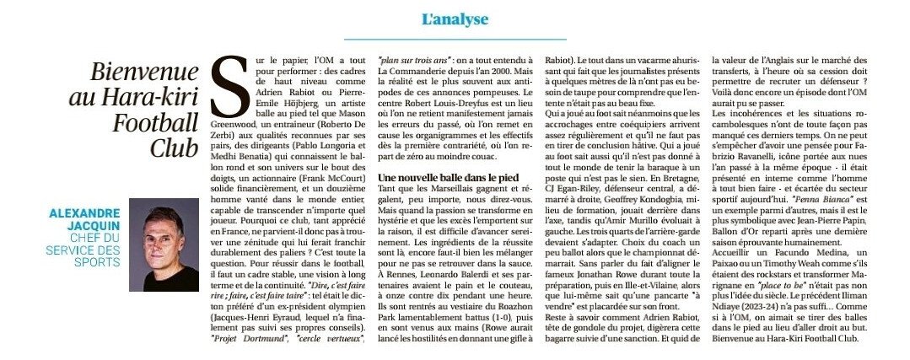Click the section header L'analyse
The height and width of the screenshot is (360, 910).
pyautogui.click(x=454, y=19)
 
